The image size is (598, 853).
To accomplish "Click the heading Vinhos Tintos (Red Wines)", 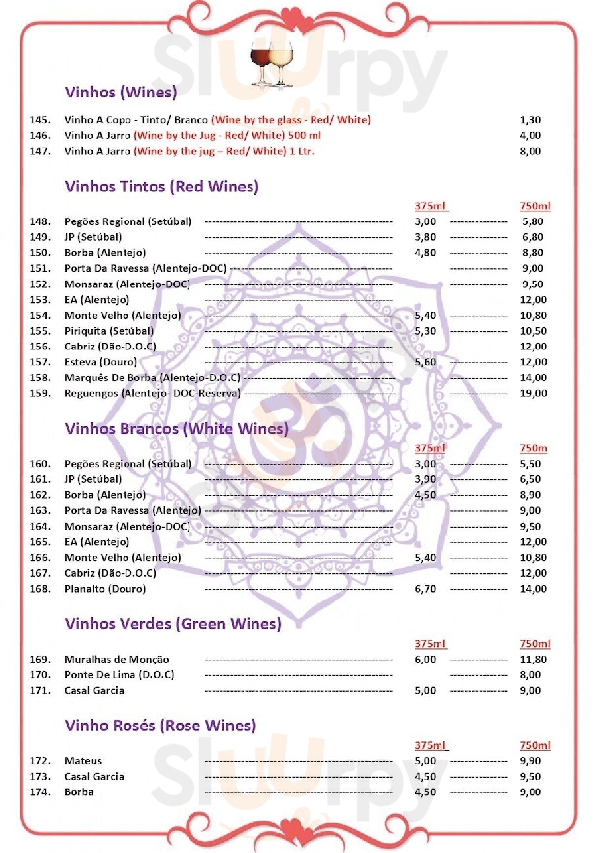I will coord(161,187).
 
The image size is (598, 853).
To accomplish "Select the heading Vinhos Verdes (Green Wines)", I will coord(173,624).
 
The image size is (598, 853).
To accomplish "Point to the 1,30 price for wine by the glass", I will coord(530,120).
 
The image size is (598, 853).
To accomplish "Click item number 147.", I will coord(40,151).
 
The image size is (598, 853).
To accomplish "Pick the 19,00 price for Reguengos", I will coord(534,393).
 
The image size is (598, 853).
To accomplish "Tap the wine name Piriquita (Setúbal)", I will coord(109,331).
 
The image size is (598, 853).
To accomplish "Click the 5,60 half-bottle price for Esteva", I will coord(425,362).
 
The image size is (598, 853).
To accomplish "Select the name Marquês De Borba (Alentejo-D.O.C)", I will coord(152,378).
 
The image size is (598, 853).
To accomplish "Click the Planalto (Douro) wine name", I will coord(105,589).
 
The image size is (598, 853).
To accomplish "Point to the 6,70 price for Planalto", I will coord(425,589).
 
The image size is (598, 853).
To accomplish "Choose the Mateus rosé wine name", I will coord(83,761).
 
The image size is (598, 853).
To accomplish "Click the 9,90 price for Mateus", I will coord(530,761).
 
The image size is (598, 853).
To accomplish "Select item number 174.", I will coord(40,792).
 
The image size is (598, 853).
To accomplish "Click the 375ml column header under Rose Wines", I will coord(431,745).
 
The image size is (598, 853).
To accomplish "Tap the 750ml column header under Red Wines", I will coord(535,206).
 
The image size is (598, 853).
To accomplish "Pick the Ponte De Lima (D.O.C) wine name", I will coord(119,675).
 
